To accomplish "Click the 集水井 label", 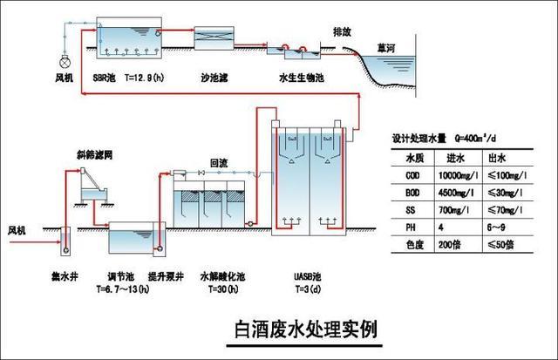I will pyautogui.click(x=65, y=280).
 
